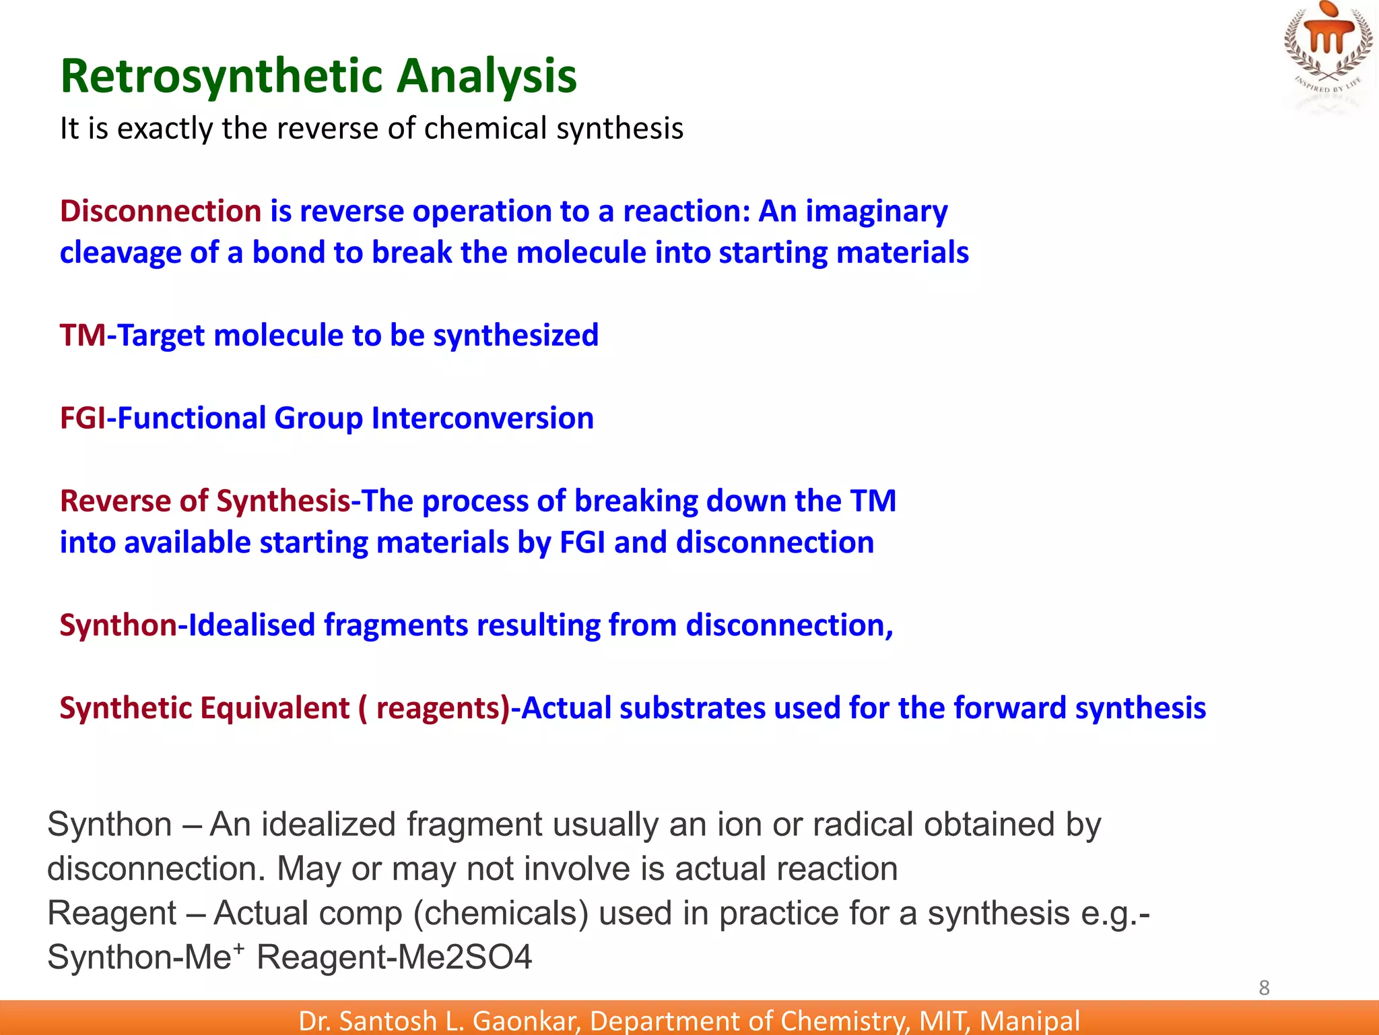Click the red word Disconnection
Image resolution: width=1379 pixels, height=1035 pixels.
pyautogui.click(x=160, y=211)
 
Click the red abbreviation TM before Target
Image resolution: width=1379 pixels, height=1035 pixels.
pyautogui.click(x=82, y=335)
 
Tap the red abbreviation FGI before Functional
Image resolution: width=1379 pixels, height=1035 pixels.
pyautogui.click(x=83, y=418)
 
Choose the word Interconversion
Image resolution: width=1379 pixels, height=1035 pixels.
pyautogui.click(x=482, y=418)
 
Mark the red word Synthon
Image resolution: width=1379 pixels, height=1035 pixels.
pyautogui.click(x=118, y=625)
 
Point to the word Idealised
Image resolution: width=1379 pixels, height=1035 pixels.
pyautogui.click(x=251, y=625)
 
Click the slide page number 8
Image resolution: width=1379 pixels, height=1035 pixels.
pyautogui.click(x=1264, y=988)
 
